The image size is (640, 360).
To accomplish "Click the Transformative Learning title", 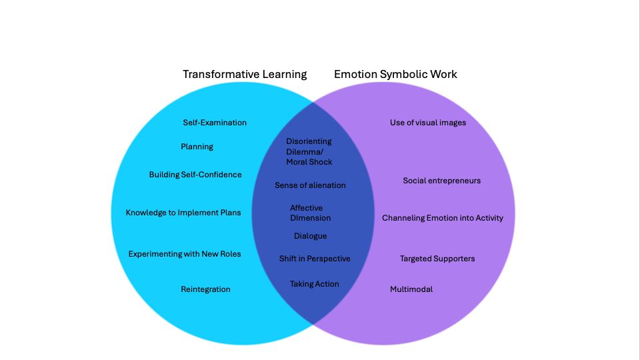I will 245,74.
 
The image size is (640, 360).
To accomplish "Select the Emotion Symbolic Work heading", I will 395,74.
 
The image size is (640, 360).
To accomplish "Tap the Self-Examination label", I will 215,123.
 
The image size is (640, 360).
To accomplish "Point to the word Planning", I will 197,147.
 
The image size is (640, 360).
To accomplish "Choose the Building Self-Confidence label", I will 195,175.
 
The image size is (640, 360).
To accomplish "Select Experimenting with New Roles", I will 185,254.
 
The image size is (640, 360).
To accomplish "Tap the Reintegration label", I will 205,289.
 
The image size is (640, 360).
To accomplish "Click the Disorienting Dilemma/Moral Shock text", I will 309,151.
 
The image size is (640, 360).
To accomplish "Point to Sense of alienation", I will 310,185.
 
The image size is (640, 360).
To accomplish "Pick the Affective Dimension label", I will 310,213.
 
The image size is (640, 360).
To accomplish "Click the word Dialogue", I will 310,236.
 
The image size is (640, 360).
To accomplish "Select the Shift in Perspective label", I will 314,259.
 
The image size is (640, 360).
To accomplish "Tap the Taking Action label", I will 314,284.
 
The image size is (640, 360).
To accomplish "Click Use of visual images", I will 428,123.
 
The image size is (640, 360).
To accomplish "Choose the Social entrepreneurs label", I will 441,181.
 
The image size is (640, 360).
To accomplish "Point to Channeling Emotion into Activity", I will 443,218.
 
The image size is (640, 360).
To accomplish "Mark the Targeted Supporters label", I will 437,259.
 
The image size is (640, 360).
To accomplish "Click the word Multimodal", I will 411,289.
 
